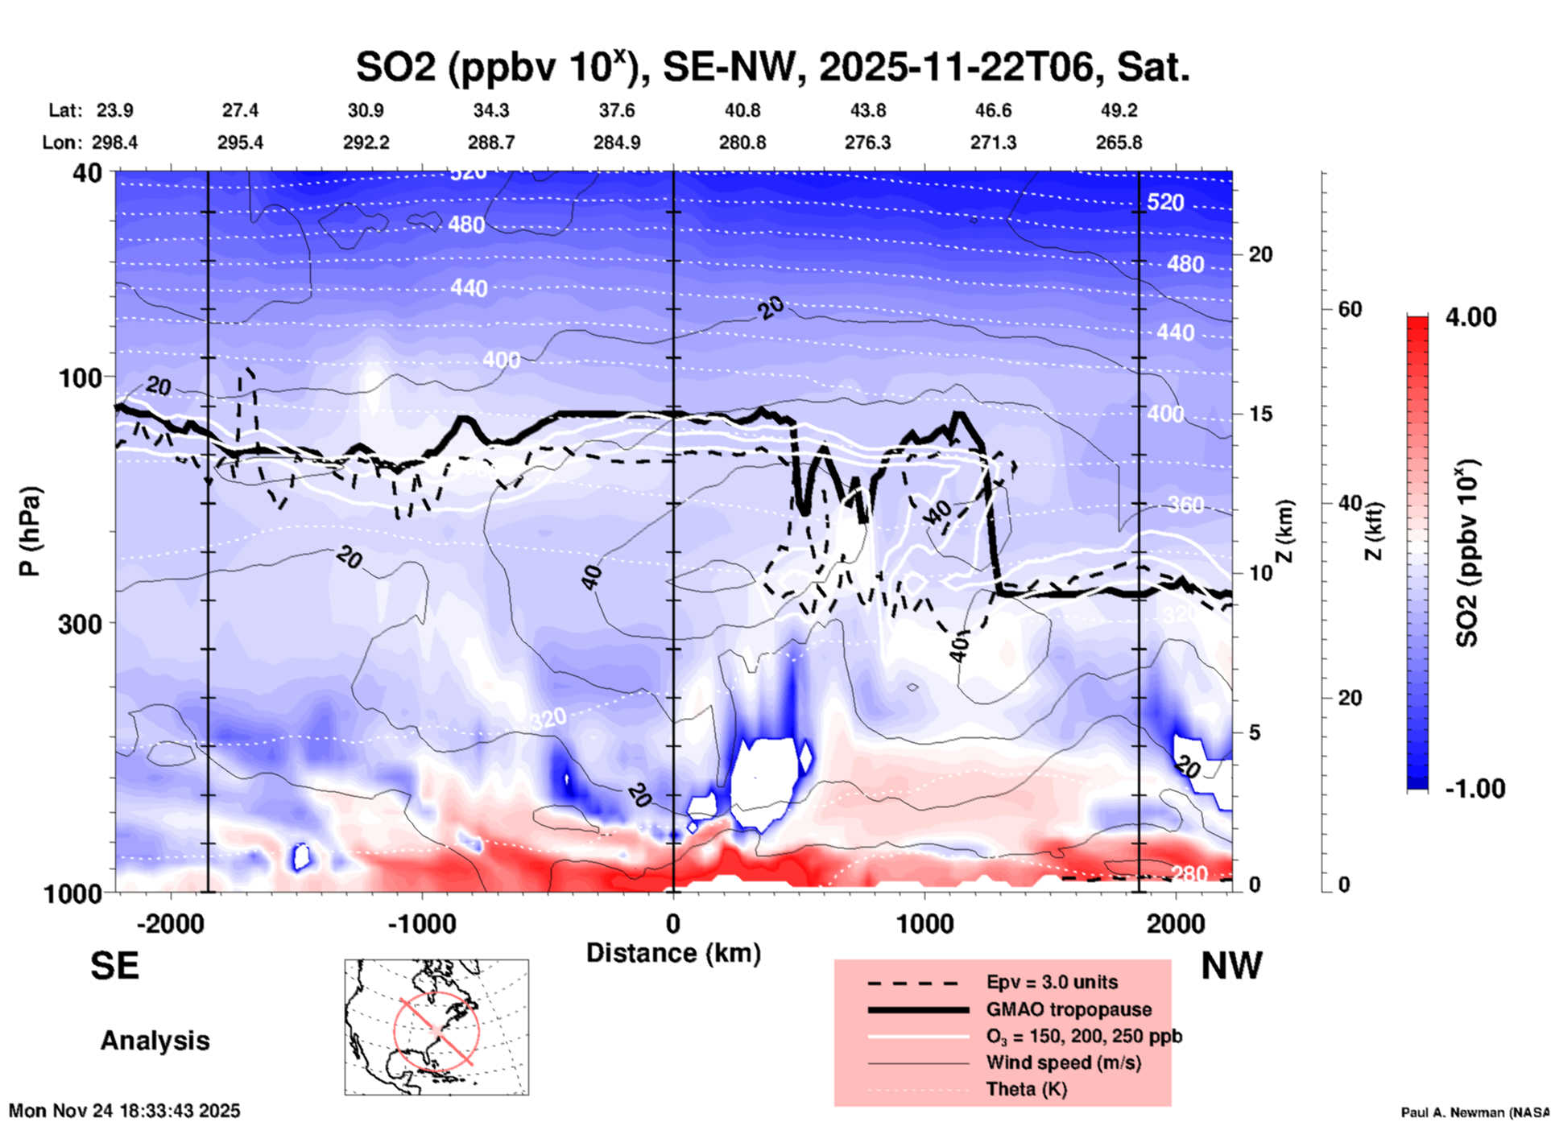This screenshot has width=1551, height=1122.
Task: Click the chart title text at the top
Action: point(773,68)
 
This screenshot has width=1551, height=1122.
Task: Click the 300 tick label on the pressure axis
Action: point(80,624)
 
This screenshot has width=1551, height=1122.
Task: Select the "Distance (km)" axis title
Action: point(673,953)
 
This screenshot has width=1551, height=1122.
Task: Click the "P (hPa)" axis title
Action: point(30,531)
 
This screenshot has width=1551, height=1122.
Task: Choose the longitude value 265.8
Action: point(1119,142)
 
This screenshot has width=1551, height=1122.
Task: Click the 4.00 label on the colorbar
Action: point(1470,317)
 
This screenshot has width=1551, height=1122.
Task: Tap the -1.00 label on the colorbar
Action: point(1474,789)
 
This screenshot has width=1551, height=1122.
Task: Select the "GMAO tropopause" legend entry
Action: point(1069,1009)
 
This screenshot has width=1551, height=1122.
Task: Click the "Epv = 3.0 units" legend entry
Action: point(1052,982)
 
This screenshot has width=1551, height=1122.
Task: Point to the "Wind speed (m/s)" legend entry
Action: point(1063,1062)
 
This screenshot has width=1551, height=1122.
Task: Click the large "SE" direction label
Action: point(114,966)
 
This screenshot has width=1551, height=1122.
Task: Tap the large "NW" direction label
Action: point(1231,966)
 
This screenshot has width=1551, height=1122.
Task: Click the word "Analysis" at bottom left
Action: point(155,1041)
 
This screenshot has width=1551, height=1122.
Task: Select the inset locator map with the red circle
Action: point(436,1027)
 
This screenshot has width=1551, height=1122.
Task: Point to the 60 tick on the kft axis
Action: point(1350,309)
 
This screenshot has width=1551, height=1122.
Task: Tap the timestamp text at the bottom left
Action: point(125,1111)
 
